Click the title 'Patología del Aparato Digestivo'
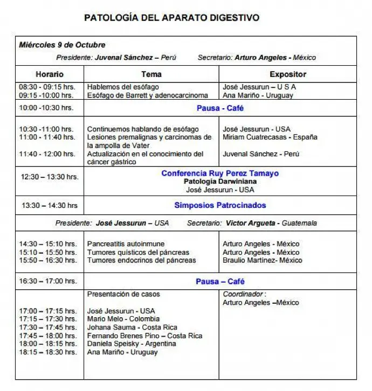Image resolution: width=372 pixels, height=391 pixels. click(171, 18)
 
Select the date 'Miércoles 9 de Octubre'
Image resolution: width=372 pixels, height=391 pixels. click(62, 45)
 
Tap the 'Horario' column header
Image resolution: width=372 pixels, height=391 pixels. click(50, 74)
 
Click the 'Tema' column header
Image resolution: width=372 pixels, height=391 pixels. click(151, 74)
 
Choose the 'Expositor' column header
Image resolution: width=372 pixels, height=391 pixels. click(287, 74)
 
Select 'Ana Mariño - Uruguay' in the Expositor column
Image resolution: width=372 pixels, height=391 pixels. click(258, 95)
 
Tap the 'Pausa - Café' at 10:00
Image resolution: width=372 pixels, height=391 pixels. click(220, 108)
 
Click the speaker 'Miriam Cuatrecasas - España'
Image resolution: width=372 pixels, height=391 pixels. click(270, 137)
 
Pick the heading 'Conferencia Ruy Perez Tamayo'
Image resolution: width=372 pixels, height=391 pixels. click(220, 173)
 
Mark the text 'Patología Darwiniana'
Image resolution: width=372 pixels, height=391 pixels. click(219, 181)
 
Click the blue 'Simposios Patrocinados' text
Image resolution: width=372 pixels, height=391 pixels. click(220, 205)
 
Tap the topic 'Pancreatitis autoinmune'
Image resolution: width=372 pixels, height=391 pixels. click(126, 244)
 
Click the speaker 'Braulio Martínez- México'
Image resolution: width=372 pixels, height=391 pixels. click(262, 260)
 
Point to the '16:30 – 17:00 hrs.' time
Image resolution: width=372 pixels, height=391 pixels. click(48, 281)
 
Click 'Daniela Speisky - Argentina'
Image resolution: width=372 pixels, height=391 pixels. click(132, 344)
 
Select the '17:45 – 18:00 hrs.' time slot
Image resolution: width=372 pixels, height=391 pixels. click(48, 336)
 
